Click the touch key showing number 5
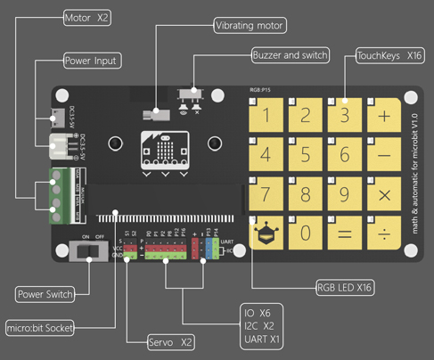pyautogui.click(x=306, y=155)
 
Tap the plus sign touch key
pyautogui.click(x=384, y=116)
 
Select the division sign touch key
pyautogui.click(x=384, y=233)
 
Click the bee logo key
pyautogui.click(x=266, y=234)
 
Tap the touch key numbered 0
pyautogui.click(x=306, y=233)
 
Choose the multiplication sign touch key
pyautogui.click(x=384, y=194)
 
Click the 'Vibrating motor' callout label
pyautogui.click(x=250, y=26)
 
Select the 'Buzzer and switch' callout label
pyautogui.click(x=290, y=54)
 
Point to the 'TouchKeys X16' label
pyautogui.click(x=389, y=55)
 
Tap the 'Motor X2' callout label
pyautogui.click(x=87, y=17)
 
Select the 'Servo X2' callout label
pyautogui.click(x=159, y=340)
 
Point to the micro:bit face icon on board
pyautogui.click(x=164, y=149)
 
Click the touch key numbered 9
pyautogui.click(x=345, y=194)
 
